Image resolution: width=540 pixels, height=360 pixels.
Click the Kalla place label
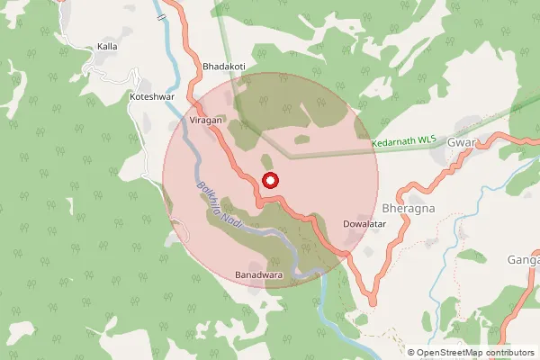point(107,46)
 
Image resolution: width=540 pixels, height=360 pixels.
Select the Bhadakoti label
point(225,67)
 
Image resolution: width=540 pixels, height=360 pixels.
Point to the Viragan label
point(205,119)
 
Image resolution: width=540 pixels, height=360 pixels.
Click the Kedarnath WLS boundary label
point(404,142)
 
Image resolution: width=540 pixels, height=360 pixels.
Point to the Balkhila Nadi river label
point(216,206)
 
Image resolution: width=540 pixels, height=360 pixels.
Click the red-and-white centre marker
point(270,180)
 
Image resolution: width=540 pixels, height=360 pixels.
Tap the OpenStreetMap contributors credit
point(471,352)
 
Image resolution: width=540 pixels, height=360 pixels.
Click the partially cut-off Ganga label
point(522,260)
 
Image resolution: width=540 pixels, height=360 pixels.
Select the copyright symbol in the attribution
point(411,352)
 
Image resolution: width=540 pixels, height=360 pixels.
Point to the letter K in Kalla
point(100,46)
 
